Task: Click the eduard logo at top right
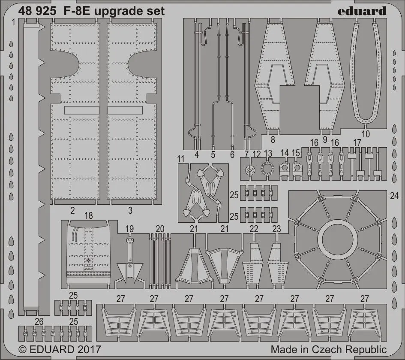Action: point(362,11)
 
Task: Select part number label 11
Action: point(181,158)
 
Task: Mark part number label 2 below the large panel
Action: point(73,210)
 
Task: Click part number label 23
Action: point(276,230)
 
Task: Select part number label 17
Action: point(357,142)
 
